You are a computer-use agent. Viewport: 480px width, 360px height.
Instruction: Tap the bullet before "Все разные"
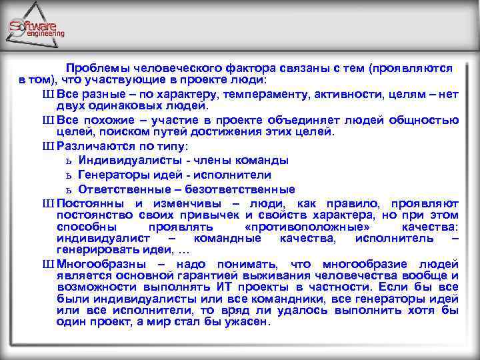(x=48, y=95)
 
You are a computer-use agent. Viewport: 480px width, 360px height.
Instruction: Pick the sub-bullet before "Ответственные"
(x=69, y=189)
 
